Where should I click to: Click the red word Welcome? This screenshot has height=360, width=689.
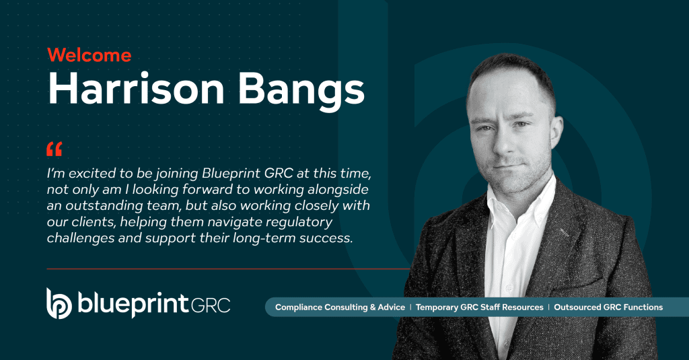tap(89, 55)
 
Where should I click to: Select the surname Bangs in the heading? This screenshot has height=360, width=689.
tap(301, 91)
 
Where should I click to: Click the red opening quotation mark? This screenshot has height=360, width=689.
tap(54, 149)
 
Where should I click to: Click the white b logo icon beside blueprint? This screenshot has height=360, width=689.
tap(59, 303)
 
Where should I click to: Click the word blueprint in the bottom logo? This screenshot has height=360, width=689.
tap(134, 303)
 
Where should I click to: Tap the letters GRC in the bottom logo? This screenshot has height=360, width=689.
tap(211, 305)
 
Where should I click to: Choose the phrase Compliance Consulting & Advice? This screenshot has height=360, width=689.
tap(340, 308)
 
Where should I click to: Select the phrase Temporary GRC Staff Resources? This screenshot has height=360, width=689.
tap(479, 308)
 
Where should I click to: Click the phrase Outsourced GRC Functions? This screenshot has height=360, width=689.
tap(608, 308)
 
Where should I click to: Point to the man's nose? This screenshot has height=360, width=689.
tap(503, 141)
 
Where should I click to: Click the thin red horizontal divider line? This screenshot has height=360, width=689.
tap(229, 268)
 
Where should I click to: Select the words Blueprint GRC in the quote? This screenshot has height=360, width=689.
tap(248, 174)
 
